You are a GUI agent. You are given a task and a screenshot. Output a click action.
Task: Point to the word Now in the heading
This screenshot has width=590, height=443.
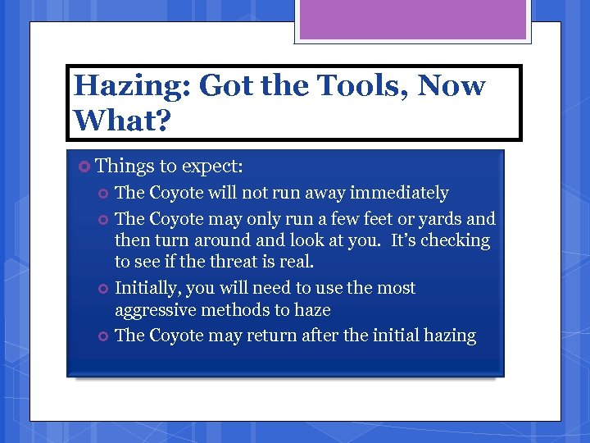tap(452, 85)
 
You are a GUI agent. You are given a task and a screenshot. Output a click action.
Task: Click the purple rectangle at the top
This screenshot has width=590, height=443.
tap(412, 19)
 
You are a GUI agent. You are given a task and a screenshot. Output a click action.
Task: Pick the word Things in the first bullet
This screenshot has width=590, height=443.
tap(125, 166)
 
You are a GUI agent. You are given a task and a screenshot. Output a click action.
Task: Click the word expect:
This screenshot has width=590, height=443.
tap(212, 167)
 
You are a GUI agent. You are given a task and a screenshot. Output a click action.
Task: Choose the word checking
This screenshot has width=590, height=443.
tap(456, 241)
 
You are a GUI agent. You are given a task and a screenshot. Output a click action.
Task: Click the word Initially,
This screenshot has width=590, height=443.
tap(150, 289)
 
